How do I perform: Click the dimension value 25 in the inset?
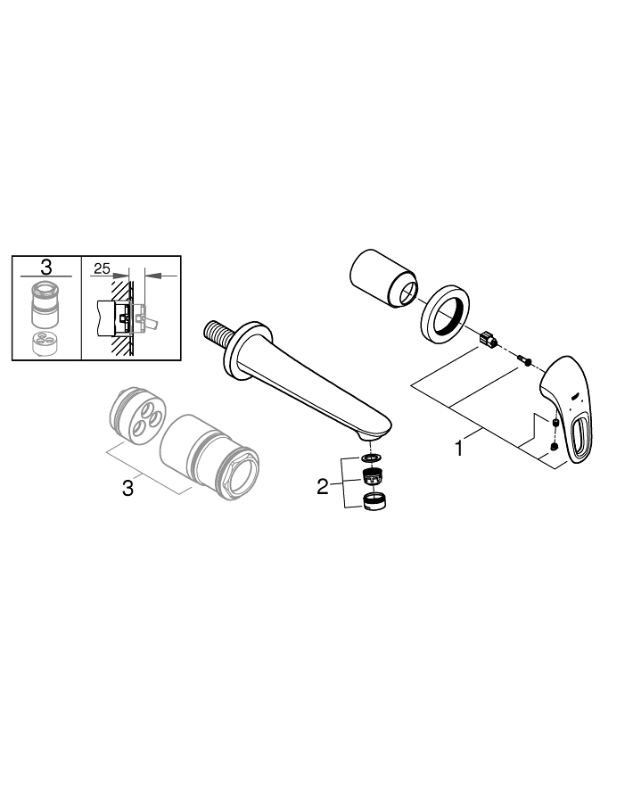[101, 268]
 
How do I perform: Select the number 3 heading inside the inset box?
[46, 267]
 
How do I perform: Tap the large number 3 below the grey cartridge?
[127, 488]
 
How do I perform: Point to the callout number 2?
[323, 486]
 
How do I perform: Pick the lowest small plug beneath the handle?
[555, 447]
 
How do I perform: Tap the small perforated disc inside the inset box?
[41, 342]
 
